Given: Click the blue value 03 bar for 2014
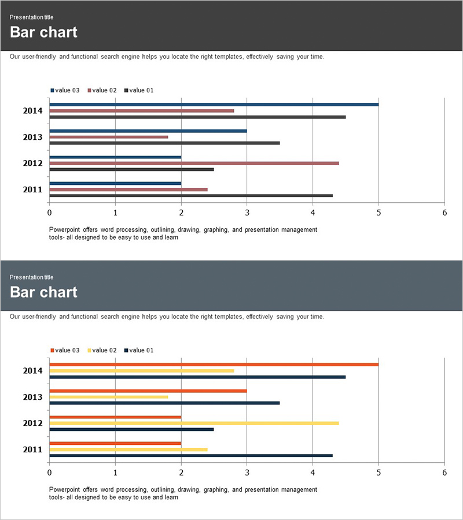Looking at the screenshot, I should [214, 105].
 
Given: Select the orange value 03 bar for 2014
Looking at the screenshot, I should [214, 365].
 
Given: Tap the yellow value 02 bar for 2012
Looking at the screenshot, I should [194, 423].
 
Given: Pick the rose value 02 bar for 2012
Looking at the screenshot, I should [194, 163].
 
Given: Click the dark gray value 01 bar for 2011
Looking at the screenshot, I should [191, 196].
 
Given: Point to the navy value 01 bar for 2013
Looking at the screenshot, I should [164, 403].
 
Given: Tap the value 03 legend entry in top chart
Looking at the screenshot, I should [65, 90].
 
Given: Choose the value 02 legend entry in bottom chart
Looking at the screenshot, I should [102, 350].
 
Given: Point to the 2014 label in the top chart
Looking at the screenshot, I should [32, 110].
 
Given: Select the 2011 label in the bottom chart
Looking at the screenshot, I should [32, 450].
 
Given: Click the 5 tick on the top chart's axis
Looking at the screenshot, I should [379, 213].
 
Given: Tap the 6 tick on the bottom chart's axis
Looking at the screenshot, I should [444, 473].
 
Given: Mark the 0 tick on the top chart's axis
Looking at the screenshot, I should [49, 213].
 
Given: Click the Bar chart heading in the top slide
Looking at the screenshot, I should [43, 32].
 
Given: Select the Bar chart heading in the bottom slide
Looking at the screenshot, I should [43, 292].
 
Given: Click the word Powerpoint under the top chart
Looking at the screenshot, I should [65, 229].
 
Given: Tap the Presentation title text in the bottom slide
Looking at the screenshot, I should [31, 277].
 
